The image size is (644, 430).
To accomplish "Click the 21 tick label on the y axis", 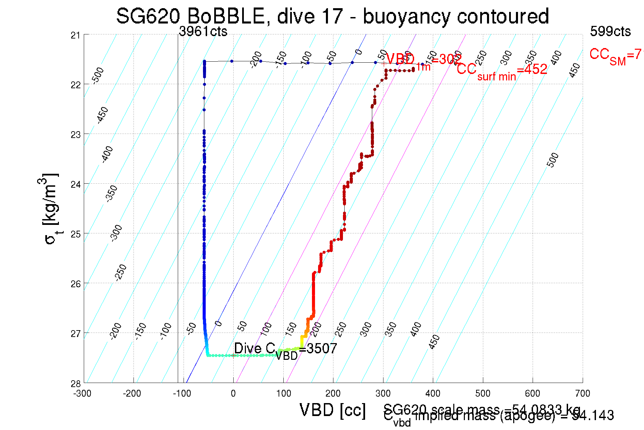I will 75,35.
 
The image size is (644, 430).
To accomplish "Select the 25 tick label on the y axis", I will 75,234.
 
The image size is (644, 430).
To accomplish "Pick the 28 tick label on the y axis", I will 75,384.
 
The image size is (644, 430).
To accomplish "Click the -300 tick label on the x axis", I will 82,394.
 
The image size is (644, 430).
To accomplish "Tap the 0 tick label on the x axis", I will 233,394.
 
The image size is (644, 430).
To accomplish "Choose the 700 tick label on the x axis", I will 582,394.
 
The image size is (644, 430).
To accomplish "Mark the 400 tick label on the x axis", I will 433,394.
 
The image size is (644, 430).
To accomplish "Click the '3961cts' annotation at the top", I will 203,32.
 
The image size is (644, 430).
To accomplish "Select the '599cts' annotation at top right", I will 610,32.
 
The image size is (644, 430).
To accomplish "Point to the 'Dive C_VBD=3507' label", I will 285,349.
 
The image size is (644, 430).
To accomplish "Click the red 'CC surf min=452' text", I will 502,70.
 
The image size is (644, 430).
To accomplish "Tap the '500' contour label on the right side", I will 553,160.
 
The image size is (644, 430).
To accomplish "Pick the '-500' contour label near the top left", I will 98,75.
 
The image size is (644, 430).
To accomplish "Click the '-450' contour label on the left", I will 102,115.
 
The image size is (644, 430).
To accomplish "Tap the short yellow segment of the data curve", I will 302,341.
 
